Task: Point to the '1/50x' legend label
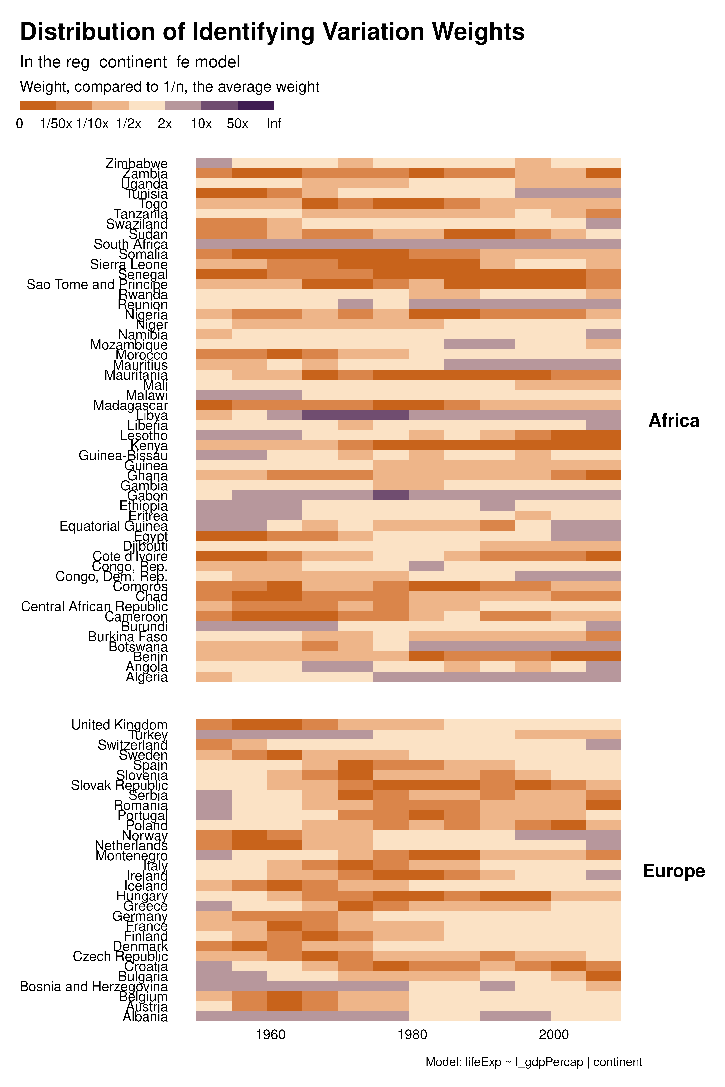[x=56, y=124]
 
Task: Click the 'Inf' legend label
[x=274, y=124]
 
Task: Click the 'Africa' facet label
[x=674, y=421]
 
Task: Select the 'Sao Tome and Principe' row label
[x=97, y=284]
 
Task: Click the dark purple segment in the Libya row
[x=355, y=415]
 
